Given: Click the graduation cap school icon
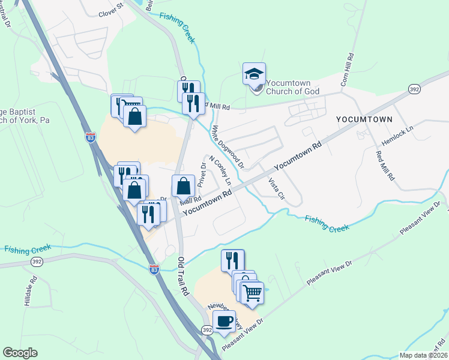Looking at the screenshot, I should click(x=253, y=74).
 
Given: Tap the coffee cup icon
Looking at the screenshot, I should click(x=224, y=321).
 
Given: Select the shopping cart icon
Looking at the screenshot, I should click(x=253, y=293).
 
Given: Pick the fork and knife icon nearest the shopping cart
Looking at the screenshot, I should click(x=232, y=260).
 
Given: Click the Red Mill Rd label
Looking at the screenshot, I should click(x=384, y=164).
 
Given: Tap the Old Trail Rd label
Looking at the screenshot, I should click(x=184, y=275).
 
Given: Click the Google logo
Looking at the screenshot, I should click(x=20, y=352).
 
